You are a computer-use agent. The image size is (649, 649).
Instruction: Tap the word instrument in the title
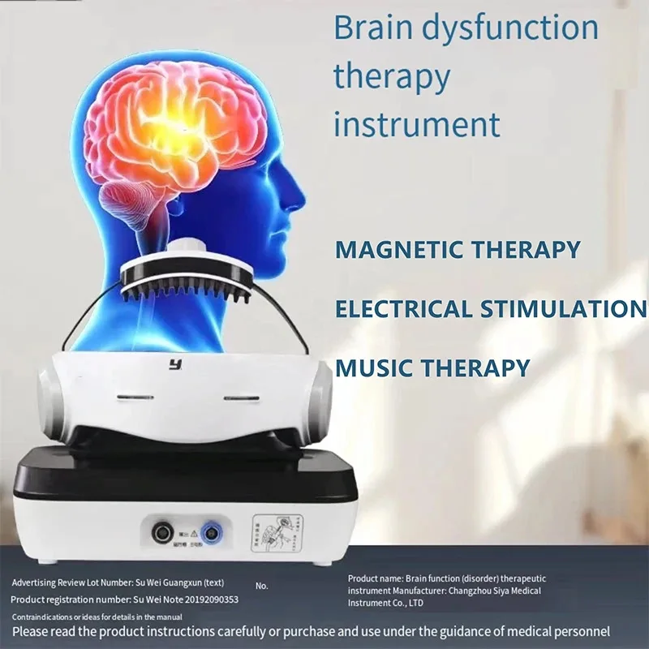pyautogui.click(x=417, y=125)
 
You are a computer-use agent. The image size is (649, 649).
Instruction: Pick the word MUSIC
pyautogui.click(x=373, y=367)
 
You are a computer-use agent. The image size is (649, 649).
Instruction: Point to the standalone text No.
pyautogui.click(x=261, y=585)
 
